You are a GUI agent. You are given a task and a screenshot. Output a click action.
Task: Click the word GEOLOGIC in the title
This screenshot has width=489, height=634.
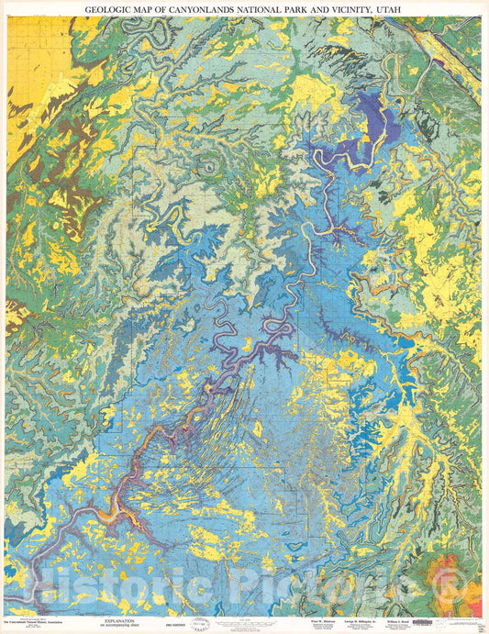pyautogui.click(x=112, y=7)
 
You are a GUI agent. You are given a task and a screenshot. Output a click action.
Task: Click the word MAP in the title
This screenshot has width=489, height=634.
pyautogui.click(x=153, y=7)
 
